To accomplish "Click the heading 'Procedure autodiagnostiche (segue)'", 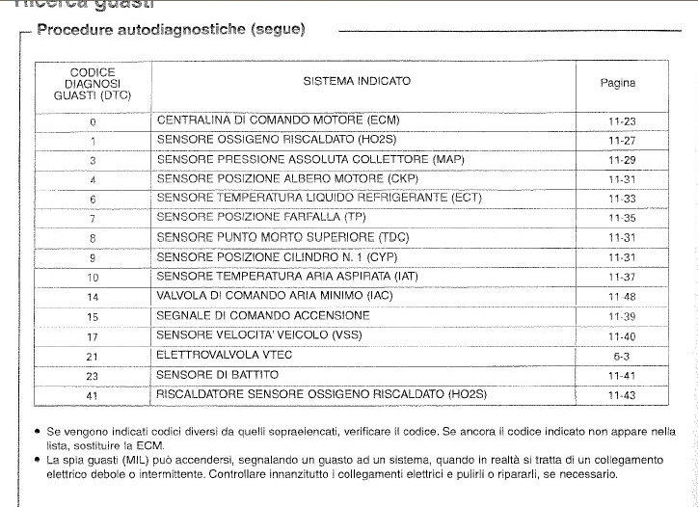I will [171, 30].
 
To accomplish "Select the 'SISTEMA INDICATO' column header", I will [357, 82].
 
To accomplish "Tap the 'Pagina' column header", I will [618, 83].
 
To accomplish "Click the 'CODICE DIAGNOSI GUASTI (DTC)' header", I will [93, 85].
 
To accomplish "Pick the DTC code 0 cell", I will [93, 122].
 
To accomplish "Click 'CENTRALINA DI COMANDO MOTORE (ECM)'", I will [278, 120].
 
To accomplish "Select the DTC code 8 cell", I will [93, 238].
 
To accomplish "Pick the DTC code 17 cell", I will [93, 336].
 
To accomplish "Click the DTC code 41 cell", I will [93, 396].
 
